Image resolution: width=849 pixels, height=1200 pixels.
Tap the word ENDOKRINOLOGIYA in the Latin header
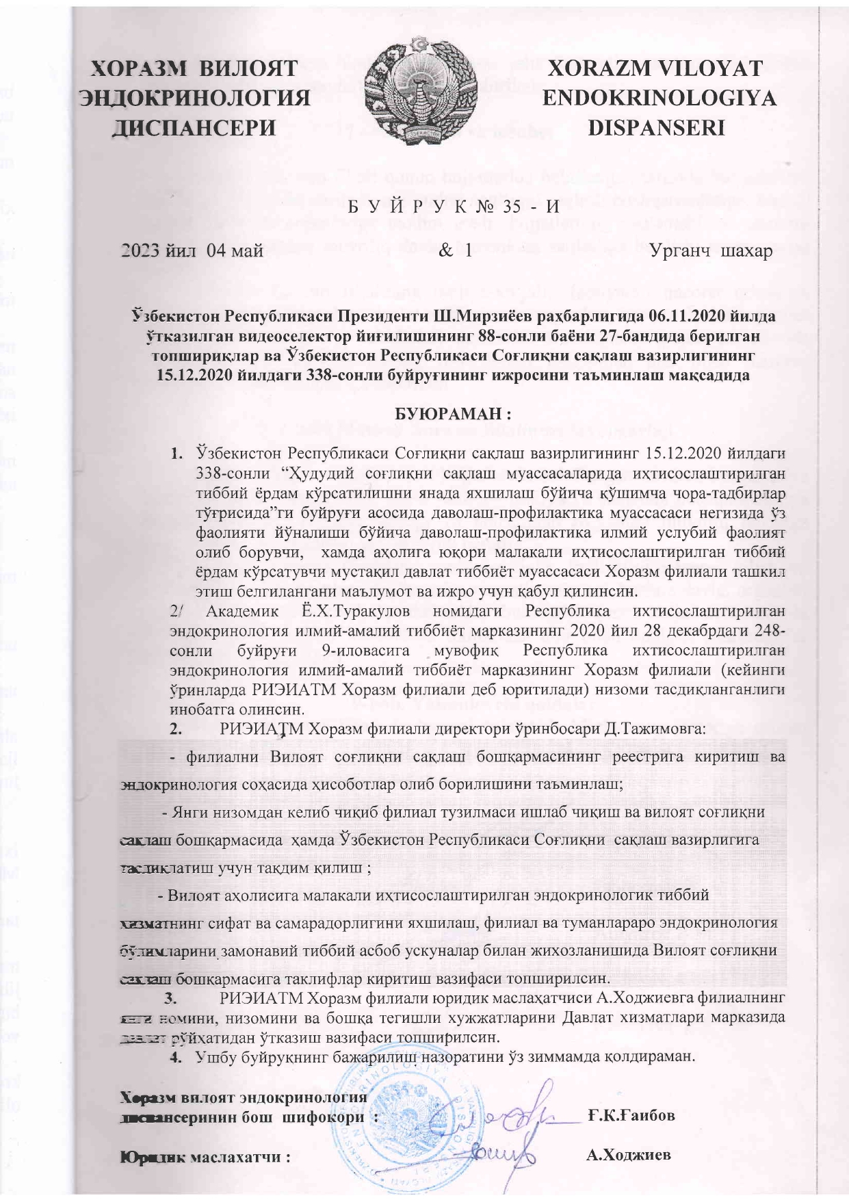pos(659,99)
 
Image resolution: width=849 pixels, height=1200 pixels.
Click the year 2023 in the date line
pos(140,250)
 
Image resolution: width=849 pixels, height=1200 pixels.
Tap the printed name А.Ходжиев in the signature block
pos(628,1155)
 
